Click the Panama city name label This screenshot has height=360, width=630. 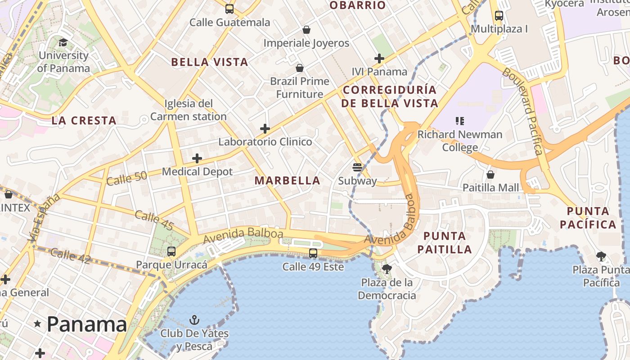click(86, 324)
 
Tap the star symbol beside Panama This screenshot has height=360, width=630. click(37, 324)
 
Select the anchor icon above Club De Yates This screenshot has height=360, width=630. click(194, 320)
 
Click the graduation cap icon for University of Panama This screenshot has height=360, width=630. click(63, 43)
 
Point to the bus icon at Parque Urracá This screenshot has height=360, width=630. click(171, 252)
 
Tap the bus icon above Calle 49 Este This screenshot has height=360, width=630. click(313, 253)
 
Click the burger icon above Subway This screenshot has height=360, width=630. click(357, 167)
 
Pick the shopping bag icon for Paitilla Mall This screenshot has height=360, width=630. click(490, 174)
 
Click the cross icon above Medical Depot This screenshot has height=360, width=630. click(197, 158)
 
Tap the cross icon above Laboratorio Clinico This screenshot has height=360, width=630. click(265, 129)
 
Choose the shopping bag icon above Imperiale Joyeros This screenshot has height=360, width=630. click(306, 30)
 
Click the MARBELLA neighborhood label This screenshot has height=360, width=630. click(288, 180)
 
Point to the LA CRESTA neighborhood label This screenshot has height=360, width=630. click(84, 121)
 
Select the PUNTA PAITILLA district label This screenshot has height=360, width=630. click(445, 243)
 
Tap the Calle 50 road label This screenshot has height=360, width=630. click(127, 178)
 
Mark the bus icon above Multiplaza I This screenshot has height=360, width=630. click(499, 16)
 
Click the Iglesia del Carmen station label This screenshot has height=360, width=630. click(189, 110)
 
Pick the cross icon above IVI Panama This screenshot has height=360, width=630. click(379, 58)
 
